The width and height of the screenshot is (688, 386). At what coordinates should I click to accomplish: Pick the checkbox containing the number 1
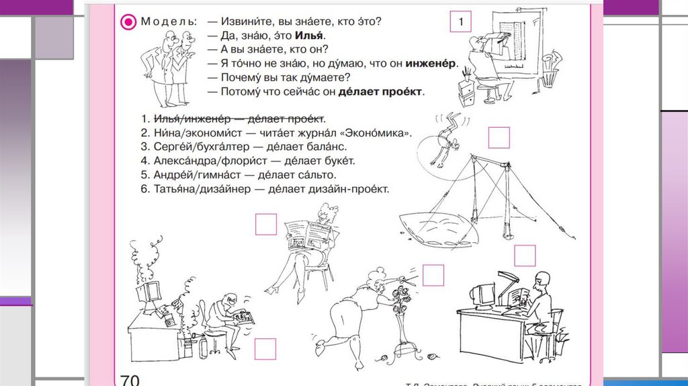(x=461, y=22)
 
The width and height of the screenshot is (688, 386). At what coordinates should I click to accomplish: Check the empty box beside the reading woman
(x=266, y=224)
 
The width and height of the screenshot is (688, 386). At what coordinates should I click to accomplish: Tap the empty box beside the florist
(x=433, y=276)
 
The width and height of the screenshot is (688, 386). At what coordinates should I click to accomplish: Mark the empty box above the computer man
(x=525, y=256)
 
